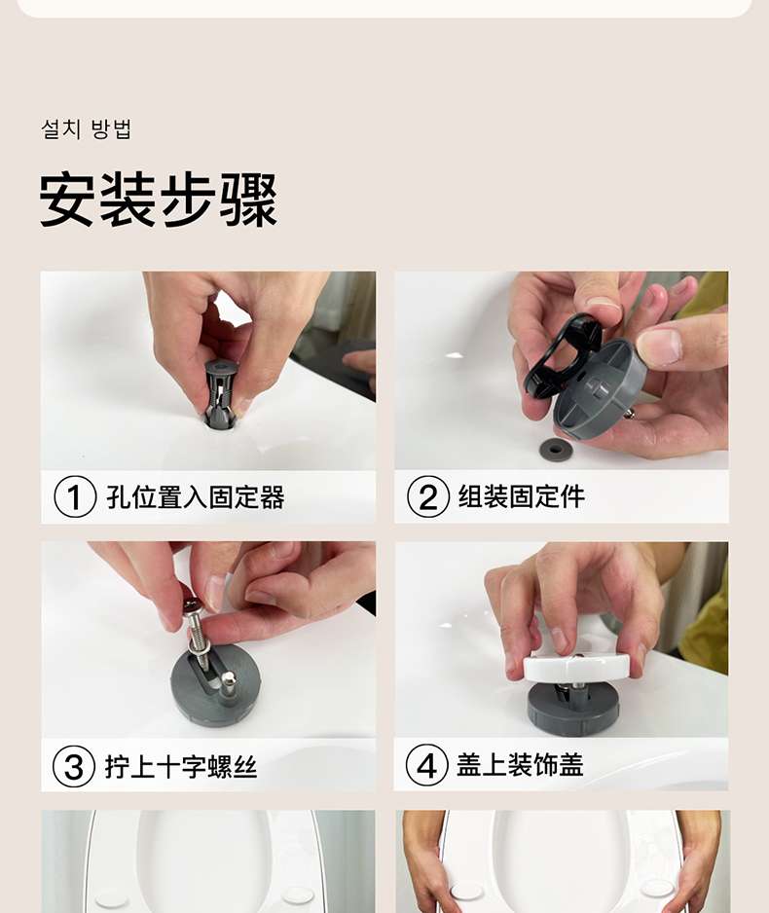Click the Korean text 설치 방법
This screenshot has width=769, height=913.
tap(87, 128)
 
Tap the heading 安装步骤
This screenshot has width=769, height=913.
tap(159, 200)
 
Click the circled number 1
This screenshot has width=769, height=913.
tap(75, 496)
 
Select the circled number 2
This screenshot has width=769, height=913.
tap(428, 496)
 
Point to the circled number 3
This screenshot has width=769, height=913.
tap(74, 766)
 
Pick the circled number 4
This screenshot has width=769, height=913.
tap(426, 766)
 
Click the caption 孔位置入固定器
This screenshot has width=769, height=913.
tap(196, 496)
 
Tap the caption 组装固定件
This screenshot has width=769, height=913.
tap(522, 496)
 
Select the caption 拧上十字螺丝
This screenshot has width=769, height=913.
tap(181, 766)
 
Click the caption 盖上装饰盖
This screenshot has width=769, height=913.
tap(520, 765)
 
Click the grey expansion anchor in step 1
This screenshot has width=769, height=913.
tap(222, 393)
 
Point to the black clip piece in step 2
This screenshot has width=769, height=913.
tap(562, 356)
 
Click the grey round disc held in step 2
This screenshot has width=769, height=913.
tap(597, 391)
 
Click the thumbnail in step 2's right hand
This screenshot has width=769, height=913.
tap(660, 347)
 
